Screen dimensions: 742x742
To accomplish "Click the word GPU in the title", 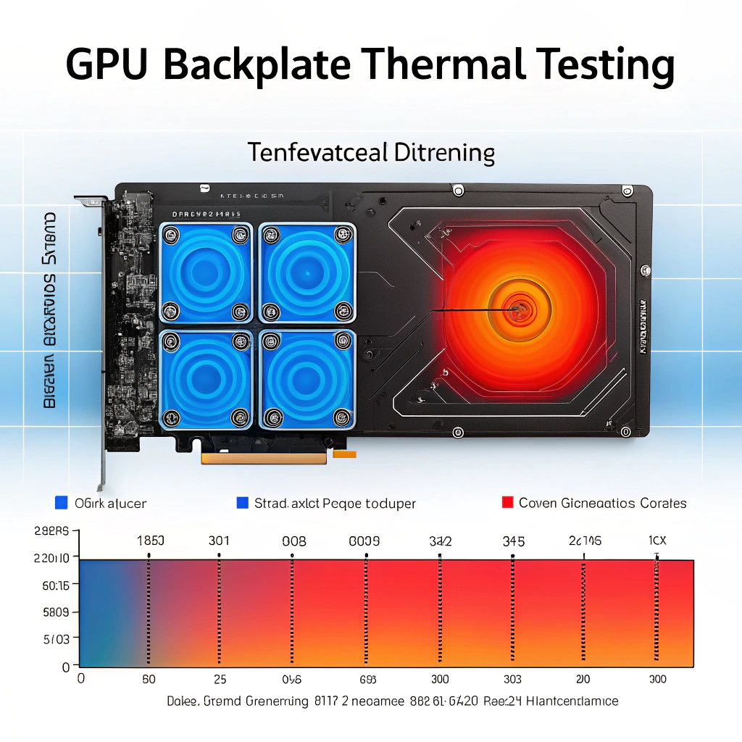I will pos(109,64).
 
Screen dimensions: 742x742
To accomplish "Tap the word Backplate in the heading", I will pos(257,64).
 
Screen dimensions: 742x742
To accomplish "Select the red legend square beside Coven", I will pos(507,502).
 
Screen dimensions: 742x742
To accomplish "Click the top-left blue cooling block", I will pos(205,272).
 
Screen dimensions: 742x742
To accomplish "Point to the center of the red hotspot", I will pos(517,310).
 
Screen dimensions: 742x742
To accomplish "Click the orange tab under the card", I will pos(344,455).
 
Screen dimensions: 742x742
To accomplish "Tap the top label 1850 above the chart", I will pos(151,541).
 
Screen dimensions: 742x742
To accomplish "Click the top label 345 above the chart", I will pos(514,541).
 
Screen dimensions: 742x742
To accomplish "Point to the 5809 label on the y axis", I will pos(56,612).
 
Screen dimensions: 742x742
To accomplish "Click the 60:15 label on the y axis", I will pos(56,585).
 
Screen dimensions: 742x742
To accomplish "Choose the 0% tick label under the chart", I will pos(292,680).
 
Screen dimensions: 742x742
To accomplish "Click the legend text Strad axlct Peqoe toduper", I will pos(335,503).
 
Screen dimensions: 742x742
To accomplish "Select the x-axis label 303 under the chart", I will pos(512,680).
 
